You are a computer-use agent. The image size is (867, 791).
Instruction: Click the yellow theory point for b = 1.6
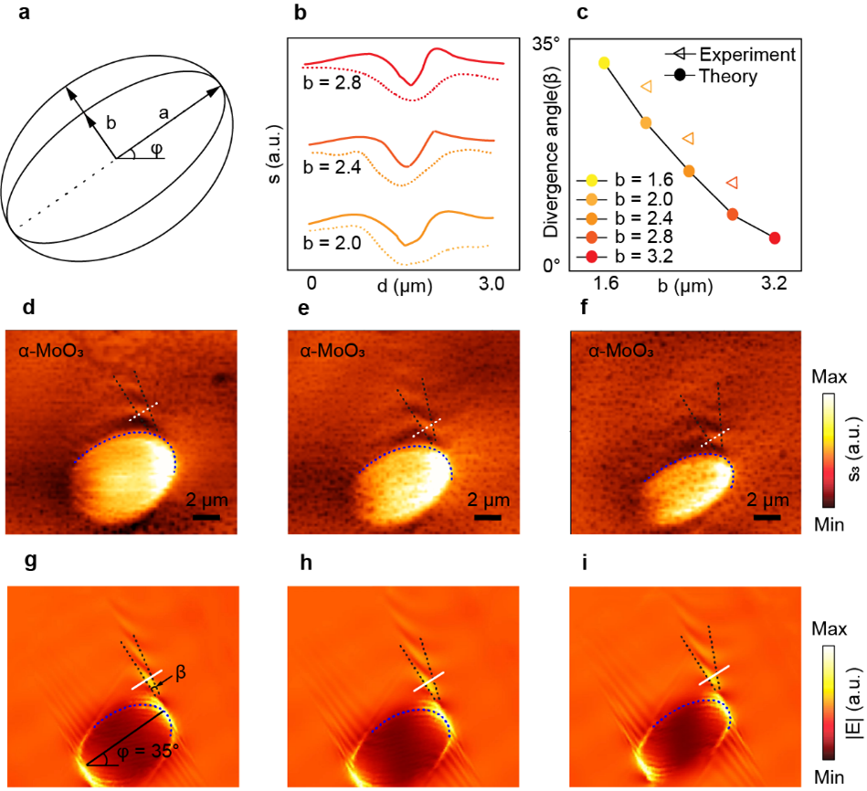click(604, 62)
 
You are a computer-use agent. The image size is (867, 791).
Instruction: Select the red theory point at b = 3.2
click(775, 237)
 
